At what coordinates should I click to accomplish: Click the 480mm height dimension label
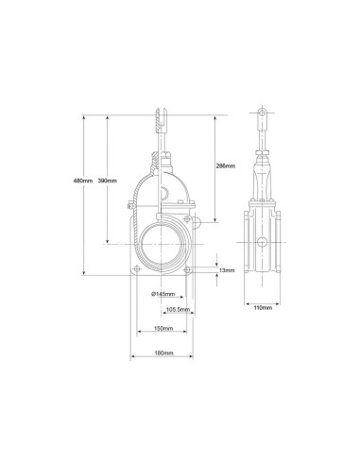(x=83, y=181)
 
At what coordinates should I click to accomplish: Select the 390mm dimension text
(x=108, y=181)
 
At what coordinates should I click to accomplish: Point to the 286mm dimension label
(x=226, y=165)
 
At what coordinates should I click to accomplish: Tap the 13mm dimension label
(x=227, y=270)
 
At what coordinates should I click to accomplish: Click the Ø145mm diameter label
(x=163, y=294)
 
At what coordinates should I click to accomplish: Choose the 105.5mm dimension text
(x=178, y=309)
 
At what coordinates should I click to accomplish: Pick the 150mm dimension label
(x=163, y=329)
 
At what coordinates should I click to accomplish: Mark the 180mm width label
(x=163, y=353)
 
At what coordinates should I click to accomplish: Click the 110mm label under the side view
(x=263, y=308)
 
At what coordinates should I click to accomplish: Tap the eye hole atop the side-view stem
(x=262, y=112)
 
